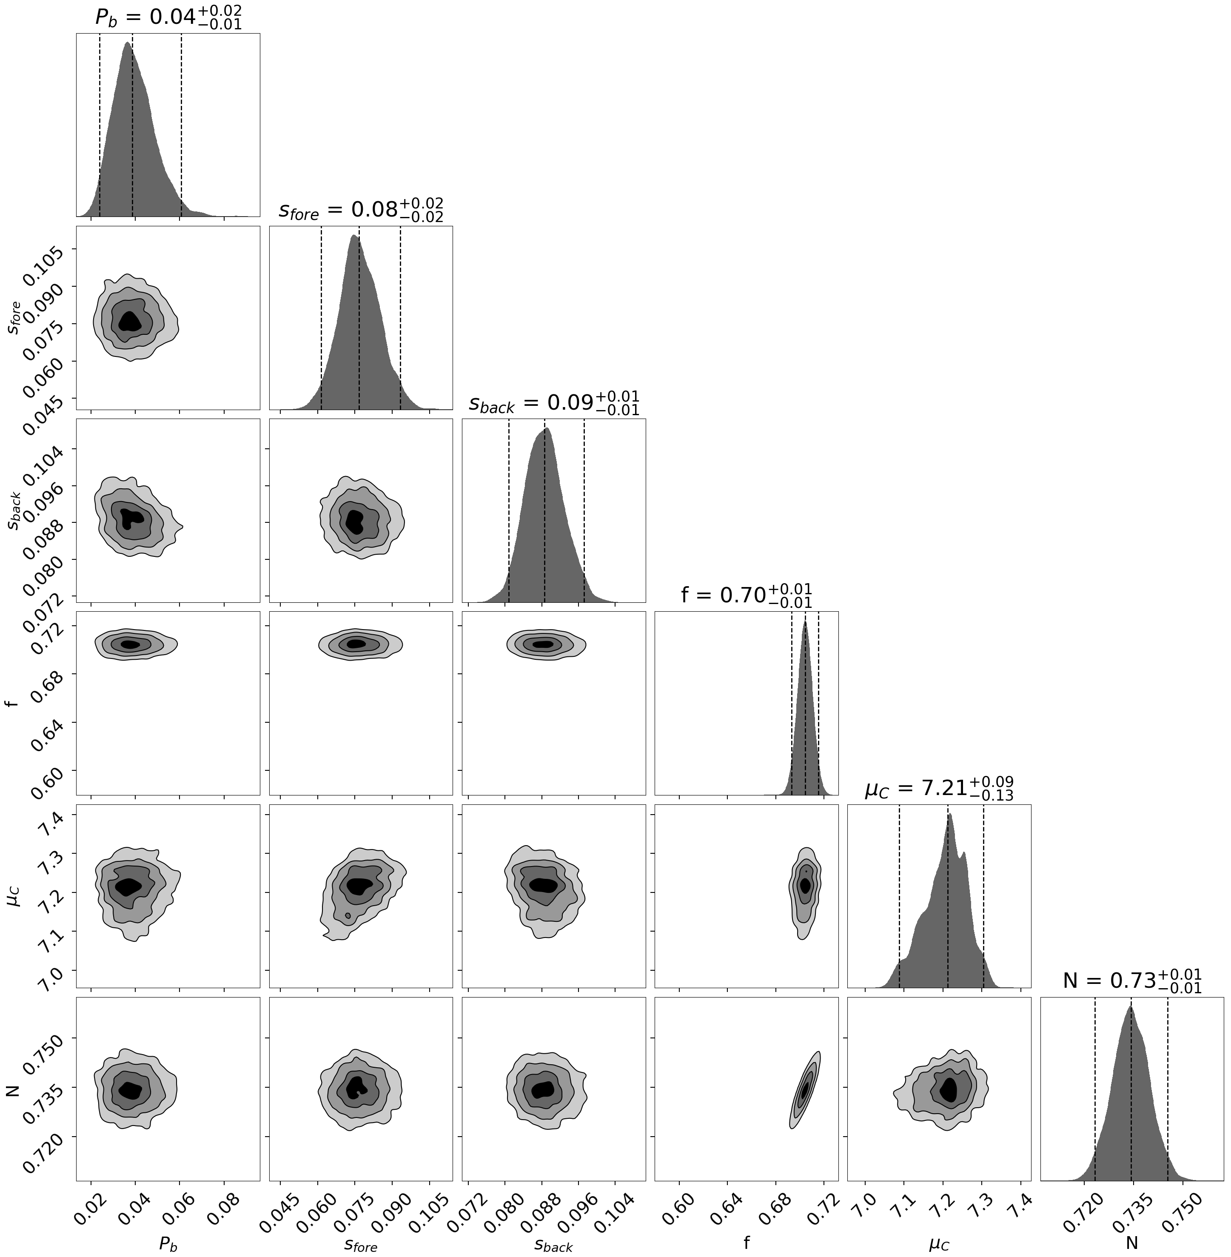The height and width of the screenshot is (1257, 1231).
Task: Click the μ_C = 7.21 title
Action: click(x=939, y=788)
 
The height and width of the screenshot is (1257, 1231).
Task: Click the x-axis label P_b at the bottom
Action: click(x=168, y=1243)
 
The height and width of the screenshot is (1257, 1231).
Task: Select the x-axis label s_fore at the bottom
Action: click(x=361, y=1243)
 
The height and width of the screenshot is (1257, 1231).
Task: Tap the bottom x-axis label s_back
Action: click(x=553, y=1243)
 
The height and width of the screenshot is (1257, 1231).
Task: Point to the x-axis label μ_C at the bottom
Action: click(x=939, y=1243)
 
